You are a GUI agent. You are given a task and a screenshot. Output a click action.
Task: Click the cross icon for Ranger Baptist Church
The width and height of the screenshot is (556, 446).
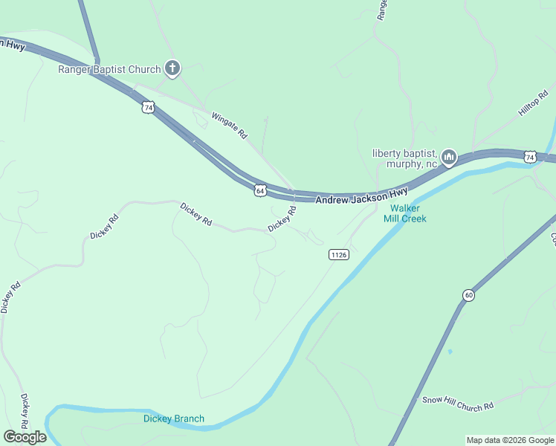(172, 69)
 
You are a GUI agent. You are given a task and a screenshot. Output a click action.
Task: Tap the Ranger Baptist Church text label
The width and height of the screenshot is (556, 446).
(109, 70)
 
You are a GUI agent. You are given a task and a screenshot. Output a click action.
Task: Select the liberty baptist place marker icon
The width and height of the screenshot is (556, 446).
(448, 157)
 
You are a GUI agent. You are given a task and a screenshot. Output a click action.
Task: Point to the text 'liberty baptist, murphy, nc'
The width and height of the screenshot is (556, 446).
(405, 158)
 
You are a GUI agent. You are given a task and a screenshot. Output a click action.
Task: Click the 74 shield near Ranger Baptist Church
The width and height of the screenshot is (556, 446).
(149, 108)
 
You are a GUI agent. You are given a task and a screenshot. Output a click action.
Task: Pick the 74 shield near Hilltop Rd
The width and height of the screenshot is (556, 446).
(529, 157)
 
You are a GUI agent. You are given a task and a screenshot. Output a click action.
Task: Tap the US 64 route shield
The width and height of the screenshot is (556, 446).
(260, 191)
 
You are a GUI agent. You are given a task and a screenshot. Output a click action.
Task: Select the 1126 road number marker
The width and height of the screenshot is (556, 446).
(338, 254)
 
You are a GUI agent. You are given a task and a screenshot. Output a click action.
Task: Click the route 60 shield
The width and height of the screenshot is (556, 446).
(468, 295)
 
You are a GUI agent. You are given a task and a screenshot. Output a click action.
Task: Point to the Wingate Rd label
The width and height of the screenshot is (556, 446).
(229, 126)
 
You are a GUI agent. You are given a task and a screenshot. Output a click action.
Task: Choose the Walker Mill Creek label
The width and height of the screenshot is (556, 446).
(405, 213)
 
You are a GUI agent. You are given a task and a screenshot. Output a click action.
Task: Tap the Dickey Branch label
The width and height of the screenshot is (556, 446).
(173, 418)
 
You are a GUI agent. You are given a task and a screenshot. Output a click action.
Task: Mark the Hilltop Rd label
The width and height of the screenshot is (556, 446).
(533, 102)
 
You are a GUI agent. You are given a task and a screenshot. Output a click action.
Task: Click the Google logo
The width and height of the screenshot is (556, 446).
(25, 437)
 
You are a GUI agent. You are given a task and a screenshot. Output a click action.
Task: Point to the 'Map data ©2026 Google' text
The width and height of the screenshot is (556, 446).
(509, 440)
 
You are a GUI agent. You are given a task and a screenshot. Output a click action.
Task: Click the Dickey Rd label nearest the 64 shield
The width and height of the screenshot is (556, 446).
(282, 219)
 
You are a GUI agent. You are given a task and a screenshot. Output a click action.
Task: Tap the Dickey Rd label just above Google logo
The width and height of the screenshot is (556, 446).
(25, 411)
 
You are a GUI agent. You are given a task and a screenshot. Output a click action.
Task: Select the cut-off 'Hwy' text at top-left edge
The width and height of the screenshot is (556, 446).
(13, 45)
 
